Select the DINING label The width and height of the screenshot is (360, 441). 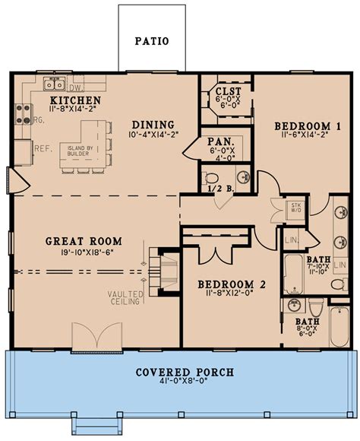153,125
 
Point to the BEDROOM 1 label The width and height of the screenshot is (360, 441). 301,126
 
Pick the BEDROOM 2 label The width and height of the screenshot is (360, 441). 232,285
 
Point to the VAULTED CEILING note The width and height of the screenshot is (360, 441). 125,298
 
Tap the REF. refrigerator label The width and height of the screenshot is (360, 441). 42,148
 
